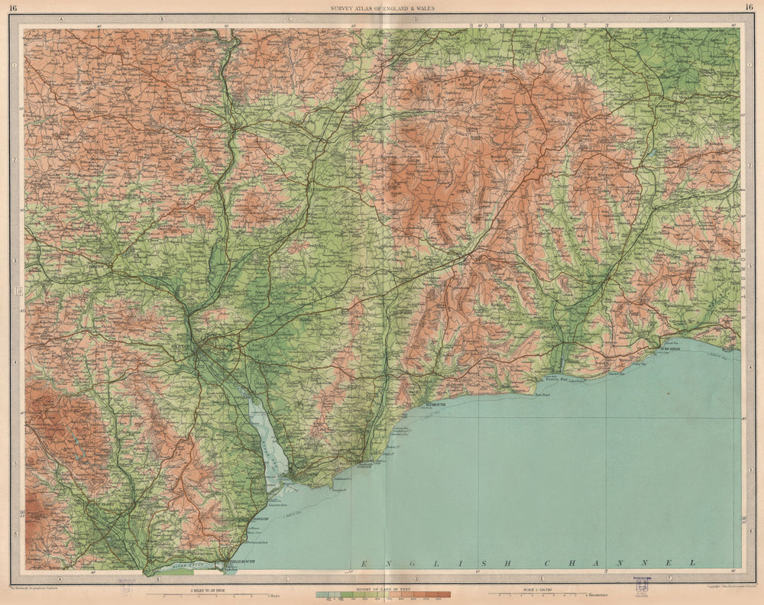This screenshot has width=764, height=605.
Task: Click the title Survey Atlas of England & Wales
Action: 382,8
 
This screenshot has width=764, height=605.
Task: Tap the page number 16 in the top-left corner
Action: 13,8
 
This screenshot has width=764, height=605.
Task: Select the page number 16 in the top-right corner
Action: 749,8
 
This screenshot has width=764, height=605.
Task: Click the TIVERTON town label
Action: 222,131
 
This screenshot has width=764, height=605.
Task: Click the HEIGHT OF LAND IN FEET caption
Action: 382,589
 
